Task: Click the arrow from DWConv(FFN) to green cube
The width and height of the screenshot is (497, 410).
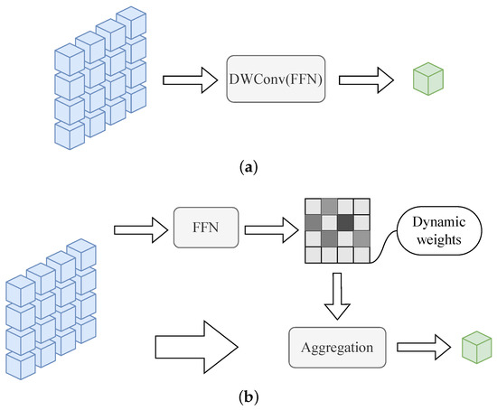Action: click(367, 80)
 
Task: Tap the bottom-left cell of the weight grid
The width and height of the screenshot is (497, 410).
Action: click(312, 256)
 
